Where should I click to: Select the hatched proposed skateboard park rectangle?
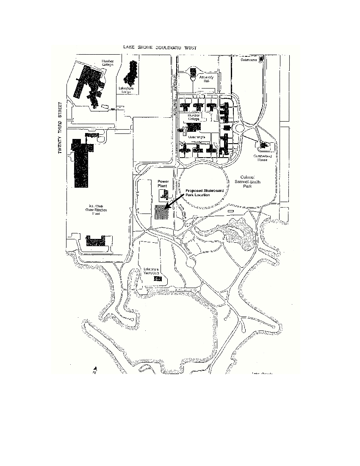162,212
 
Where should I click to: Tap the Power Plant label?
163,183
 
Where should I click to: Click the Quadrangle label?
197,137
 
